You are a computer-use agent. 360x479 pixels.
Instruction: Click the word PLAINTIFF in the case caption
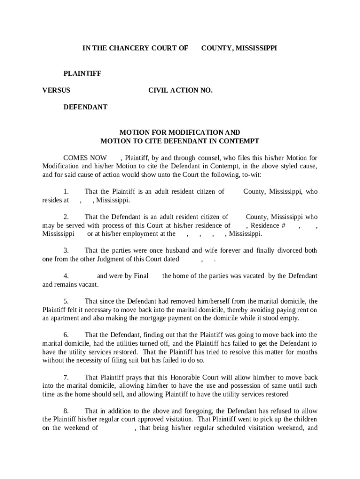(83, 73)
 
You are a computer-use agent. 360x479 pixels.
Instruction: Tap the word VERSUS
(56, 90)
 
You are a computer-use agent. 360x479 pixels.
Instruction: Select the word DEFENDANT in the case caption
(86, 107)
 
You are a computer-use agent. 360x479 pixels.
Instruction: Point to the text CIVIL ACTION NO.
(180, 90)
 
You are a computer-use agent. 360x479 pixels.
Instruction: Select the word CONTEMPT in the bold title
(238, 141)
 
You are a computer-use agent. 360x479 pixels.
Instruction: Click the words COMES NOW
(85, 158)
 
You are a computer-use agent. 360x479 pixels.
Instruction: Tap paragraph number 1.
(66, 192)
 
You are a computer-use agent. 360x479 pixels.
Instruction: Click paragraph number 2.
(66, 217)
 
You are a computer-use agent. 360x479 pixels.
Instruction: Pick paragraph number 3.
(66, 251)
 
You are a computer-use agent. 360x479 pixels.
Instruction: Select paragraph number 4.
(66, 276)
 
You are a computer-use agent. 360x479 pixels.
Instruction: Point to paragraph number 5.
(66, 301)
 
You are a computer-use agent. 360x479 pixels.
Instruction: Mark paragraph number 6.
(66, 335)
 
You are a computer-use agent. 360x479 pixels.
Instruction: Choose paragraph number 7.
(66, 377)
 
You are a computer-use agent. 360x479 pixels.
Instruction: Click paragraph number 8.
(66, 411)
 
